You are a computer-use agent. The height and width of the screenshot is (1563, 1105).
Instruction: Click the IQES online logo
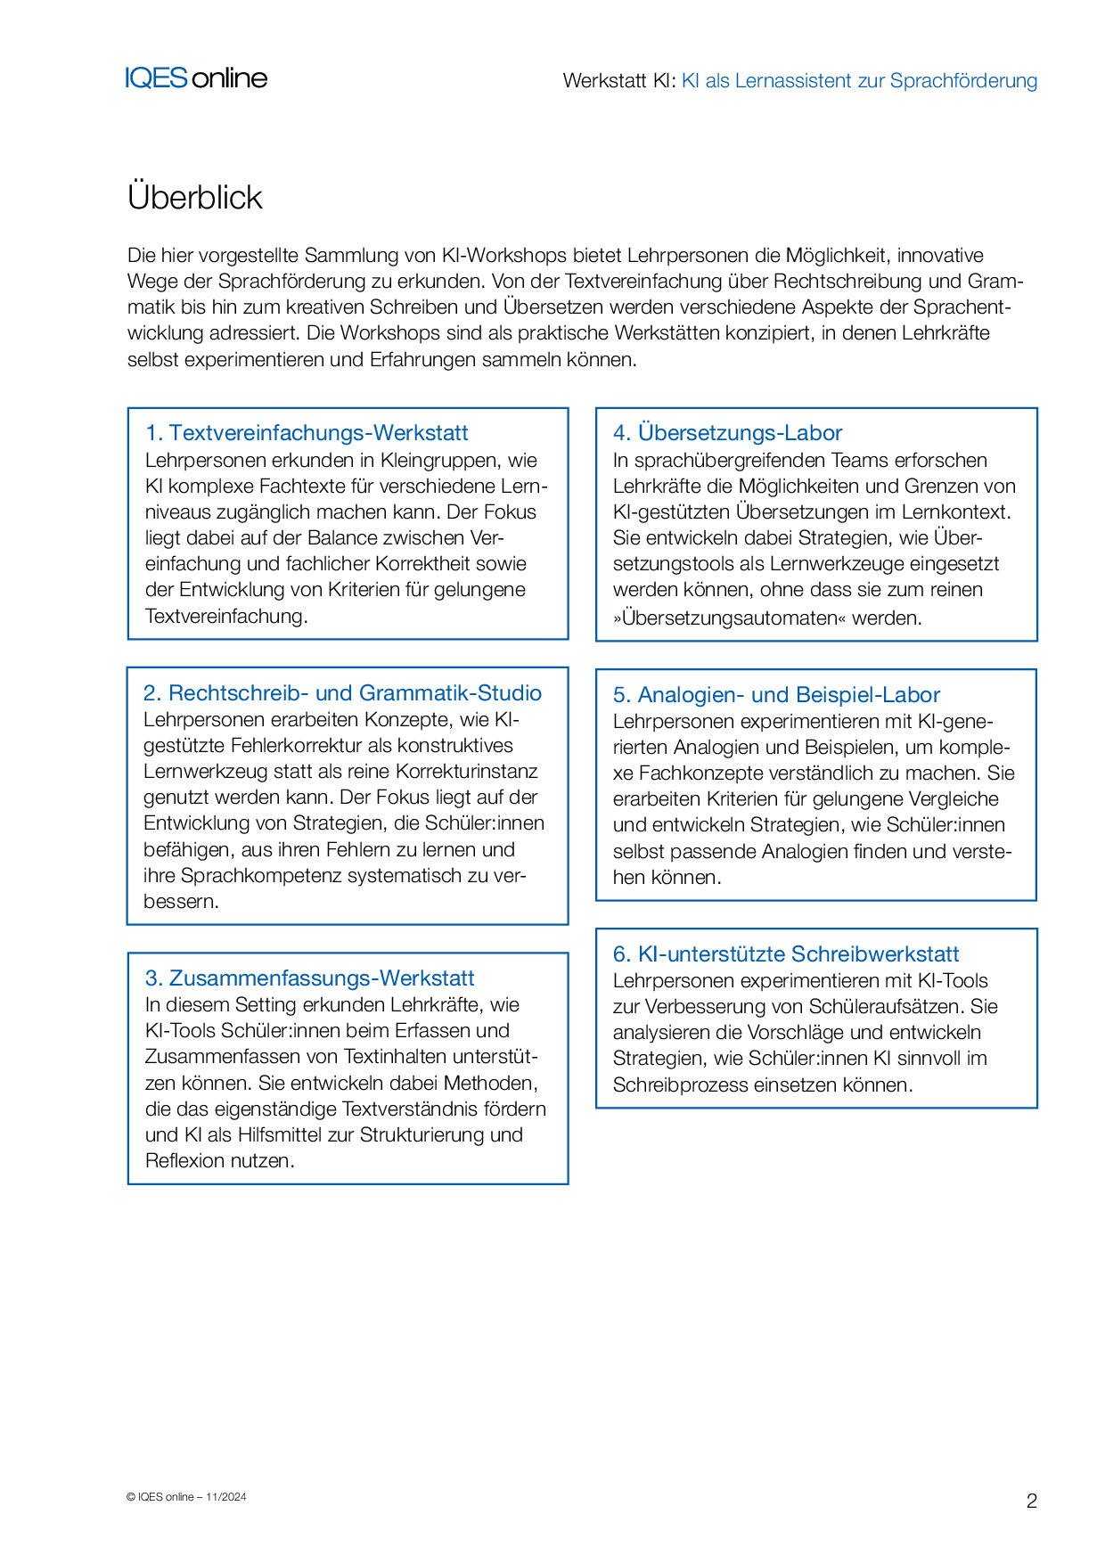click(196, 78)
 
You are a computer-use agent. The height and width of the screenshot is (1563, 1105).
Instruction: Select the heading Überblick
click(194, 197)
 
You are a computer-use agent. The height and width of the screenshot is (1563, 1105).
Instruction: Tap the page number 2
click(1031, 1501)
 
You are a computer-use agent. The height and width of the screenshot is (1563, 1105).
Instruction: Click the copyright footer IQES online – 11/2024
click(186, 1497)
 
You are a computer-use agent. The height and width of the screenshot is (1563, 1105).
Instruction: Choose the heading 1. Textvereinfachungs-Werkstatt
click(307, 433)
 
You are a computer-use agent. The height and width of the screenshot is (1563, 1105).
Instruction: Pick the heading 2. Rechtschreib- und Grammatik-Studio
click(342, 693)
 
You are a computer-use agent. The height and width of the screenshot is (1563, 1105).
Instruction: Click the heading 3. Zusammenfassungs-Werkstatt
click(309, 978)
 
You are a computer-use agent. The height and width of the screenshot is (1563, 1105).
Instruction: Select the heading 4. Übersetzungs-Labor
click(727, 433)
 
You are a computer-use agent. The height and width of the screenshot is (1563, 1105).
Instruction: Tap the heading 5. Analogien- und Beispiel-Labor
click(776, 695)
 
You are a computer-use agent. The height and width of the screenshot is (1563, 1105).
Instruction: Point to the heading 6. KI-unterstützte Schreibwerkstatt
click(785, 954)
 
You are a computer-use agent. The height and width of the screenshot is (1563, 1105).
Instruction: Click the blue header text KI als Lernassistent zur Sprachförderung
click(859, 81)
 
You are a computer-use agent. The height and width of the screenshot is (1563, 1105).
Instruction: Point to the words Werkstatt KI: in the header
click(619, 81)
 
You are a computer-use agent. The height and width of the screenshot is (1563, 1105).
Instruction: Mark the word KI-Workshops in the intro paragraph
click(503, 255)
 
